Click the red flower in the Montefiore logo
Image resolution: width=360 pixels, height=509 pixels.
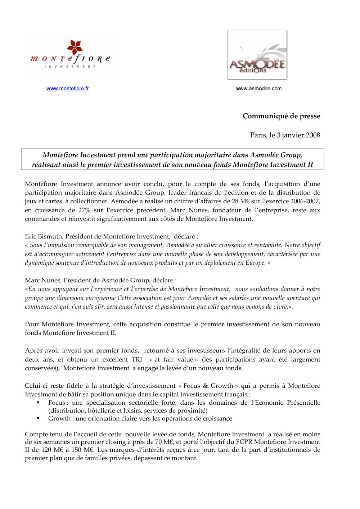point(75,47)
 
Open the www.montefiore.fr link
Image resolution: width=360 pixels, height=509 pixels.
point(67,88)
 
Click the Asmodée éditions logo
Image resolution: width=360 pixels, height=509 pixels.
point(257,55)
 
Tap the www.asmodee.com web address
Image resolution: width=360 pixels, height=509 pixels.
point(258,88)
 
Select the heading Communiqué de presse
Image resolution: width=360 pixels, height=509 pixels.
point(281,116)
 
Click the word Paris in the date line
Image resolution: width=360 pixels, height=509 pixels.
point(258,135)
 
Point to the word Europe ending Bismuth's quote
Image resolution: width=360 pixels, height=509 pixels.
point(255,263)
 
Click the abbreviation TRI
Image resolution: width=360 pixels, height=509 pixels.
point(137,359)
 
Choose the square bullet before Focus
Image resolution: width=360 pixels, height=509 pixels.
point(38,403)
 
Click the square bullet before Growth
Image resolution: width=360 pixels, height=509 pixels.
point(38,419)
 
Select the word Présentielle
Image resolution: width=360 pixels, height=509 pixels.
point(303,403)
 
